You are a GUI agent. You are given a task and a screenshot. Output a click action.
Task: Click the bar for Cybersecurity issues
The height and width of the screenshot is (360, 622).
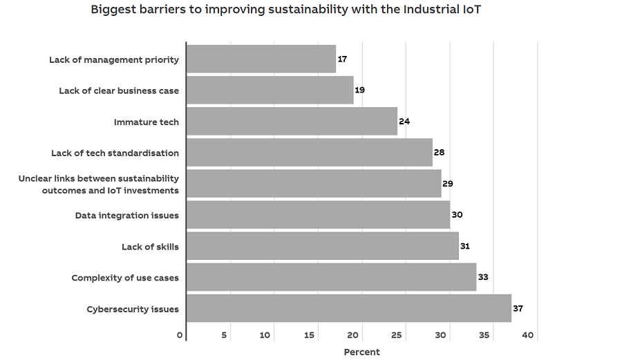coord(349,308)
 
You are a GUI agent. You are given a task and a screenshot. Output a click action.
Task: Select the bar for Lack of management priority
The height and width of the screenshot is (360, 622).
coord(261,59)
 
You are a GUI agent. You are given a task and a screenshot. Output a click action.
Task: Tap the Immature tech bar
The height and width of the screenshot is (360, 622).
coord(292,122)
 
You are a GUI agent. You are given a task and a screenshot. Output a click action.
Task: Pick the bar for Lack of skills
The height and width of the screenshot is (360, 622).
coord(323,246)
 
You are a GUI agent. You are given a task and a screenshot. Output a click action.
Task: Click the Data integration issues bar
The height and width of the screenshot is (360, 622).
coord(318,215)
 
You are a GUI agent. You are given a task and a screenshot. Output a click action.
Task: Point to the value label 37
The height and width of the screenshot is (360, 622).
coord(518,308)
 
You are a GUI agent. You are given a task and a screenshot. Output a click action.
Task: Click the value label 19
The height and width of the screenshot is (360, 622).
coord(360,91)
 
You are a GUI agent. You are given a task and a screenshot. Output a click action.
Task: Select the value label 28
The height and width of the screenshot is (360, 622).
coord(440,153)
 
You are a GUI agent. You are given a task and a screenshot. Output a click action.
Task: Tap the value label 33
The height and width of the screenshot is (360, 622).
coord(483,277)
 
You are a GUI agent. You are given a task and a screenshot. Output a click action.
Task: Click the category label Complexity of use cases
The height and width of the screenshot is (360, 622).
coord(125,278)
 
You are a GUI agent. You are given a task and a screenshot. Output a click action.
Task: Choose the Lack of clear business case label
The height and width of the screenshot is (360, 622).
coord(119,91)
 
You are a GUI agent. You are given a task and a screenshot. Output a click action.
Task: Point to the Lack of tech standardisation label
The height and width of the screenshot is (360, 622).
coord(115,153)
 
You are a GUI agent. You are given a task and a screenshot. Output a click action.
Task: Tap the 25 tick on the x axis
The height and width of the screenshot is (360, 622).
coord(397,335)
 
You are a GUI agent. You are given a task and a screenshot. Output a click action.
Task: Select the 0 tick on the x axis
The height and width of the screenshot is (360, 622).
coord(180,335)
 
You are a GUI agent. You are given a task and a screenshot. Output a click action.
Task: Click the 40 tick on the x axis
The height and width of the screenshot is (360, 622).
coord(528,335)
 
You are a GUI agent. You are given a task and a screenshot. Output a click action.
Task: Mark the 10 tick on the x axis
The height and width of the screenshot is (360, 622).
coord(265,335)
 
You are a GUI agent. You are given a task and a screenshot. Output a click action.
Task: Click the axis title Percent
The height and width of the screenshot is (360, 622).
coord(361,352)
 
